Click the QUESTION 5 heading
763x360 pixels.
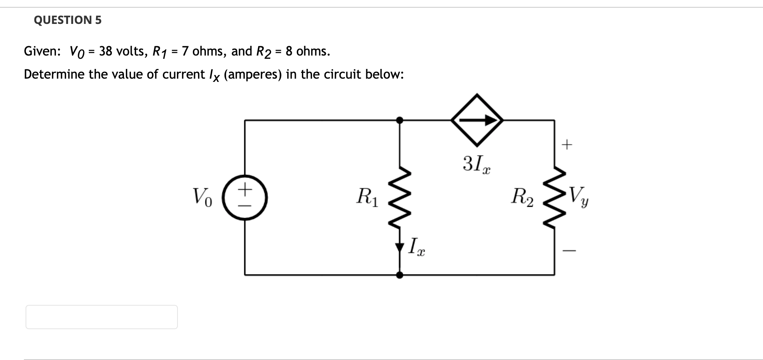pyautogui.click(x=68, y=20)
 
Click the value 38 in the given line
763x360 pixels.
pyautogui.click(x=105, y=51)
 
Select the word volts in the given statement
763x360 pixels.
pyautogui.click(x=130, y=51)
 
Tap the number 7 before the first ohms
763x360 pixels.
pyautogui.click(x=185, y=51)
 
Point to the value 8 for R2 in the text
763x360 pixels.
pyautogui.click(x=289, y=51)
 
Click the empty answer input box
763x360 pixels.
pyautogui.click(x=101, y=317)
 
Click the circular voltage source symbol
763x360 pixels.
pyautogui.click(x=245, y=197)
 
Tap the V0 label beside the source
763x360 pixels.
pyautogui.click(x=202, y=197)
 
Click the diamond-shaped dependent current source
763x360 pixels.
pyautogui.click(x=477, y=120)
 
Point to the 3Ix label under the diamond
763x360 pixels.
pyautogui.click(x=476, y=164)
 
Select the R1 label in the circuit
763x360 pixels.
pyautogui.click(x=367, y=197)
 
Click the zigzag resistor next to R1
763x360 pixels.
pyautogui.click(x=400, y=197)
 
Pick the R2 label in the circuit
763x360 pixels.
pyautogui.click(x=522, y=197)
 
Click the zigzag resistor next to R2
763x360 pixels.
pyautogui.click(x=554, y=197)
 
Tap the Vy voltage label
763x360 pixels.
pyautogui.click(x=579, y=197)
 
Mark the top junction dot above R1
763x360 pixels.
pyautogui.click(x=400, y=120)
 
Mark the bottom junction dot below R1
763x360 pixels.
pyautogui.click(x=400, y=275)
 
